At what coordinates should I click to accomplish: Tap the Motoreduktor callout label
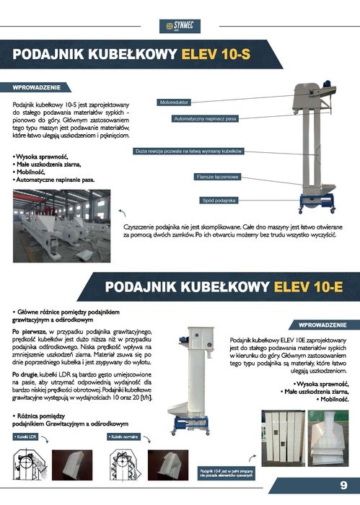(175, 103)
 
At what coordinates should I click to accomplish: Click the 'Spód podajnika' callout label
(219, 200)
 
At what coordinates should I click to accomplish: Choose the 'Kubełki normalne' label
(124, 437)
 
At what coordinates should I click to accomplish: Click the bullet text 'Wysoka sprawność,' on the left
(42, 157)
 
